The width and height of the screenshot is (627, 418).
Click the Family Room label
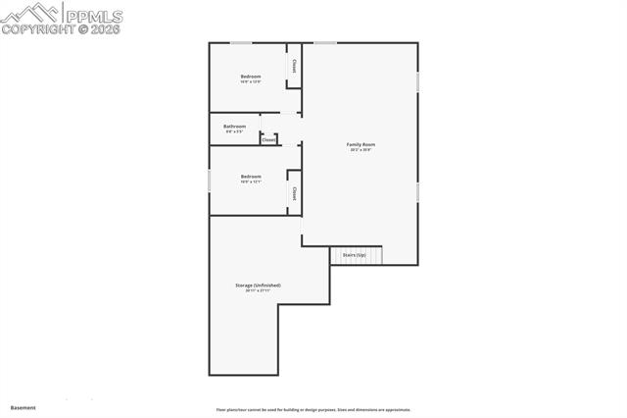coord(362,144)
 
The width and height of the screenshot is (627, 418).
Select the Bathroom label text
coord(235,126)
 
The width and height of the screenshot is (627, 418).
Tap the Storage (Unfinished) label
coord(258,286)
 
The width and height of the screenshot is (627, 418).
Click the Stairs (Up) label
coord(355,255)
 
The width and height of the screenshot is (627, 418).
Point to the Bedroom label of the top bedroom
coord(251,77)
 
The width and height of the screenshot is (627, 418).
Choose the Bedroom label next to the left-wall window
coord(251,177)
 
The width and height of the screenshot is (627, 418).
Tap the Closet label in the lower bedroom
coord(294,193)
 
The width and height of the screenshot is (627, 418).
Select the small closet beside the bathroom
coord(268,139)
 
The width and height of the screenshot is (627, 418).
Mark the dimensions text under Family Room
coord(362,150)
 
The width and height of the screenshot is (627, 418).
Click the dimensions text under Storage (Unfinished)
coord(258,291)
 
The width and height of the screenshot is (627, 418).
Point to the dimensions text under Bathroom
coord(235,131)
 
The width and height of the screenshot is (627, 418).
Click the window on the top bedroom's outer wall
coord(241,42)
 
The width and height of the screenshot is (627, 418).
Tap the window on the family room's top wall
coord(325,42)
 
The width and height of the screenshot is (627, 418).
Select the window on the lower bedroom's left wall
coord(210,181)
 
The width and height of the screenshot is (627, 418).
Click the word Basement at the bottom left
coord(23,407)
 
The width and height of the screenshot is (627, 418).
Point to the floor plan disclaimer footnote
coord(313,410)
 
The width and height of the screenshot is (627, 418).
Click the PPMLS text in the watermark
coord(93,14)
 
